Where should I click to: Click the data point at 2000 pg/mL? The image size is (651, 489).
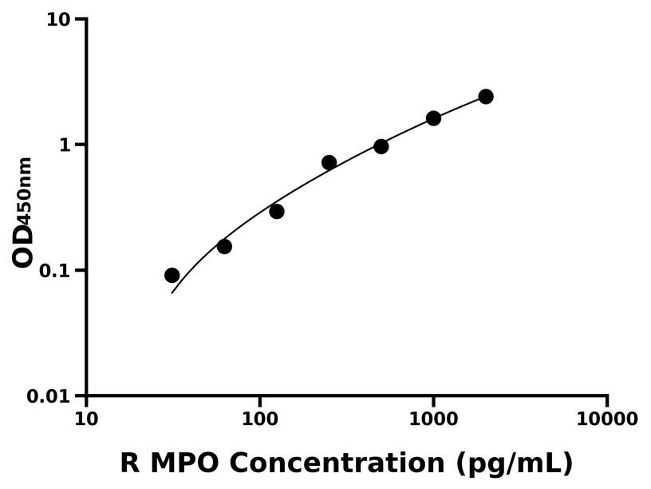[485, 97]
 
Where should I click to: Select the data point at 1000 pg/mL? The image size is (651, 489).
[433, 118]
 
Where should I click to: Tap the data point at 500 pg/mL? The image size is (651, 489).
[381, 146]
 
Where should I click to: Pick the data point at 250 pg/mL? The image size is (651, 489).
[329, 162]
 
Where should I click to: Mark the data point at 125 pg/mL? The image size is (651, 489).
[277, 212]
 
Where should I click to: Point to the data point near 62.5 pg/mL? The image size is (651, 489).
[224, 246]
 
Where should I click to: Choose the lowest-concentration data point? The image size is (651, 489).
[172, 275]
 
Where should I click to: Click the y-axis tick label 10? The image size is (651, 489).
[58, 19]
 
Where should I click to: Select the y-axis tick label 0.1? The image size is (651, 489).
[55, 270]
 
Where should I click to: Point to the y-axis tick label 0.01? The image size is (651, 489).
[49, 396]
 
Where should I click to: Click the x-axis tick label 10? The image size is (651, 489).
[86, 419]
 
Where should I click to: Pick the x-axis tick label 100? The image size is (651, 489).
[259, 419]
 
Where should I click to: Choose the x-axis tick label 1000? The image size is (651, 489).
[433, 419]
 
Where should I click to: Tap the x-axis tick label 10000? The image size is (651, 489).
[606, 419]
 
